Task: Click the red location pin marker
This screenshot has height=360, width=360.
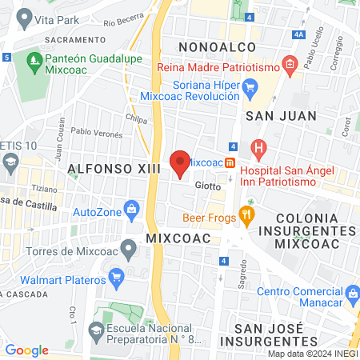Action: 180,162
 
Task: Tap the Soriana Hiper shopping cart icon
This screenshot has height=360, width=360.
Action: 250,87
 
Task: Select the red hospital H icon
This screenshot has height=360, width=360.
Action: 258,148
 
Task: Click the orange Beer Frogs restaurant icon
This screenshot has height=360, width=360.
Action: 246,214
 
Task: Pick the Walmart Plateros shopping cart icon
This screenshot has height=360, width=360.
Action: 118,279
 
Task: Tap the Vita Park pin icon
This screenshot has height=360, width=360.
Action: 24,17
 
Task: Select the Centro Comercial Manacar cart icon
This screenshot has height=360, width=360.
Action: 350,297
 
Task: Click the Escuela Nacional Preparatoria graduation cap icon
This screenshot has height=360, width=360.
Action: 96,330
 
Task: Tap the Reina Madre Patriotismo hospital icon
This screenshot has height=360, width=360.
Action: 290,63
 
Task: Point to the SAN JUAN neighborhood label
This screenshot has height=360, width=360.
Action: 281,116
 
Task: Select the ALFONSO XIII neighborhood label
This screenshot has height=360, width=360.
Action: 114,169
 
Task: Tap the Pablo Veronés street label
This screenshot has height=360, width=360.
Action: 97,132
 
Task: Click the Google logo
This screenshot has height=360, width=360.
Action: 27,350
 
